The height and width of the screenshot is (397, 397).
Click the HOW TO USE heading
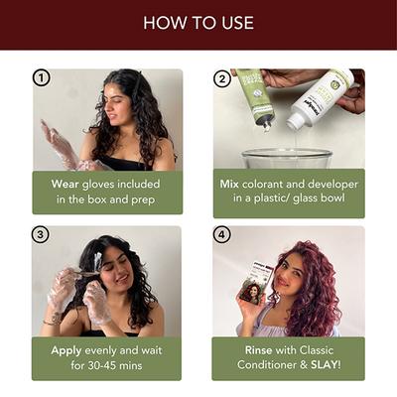click(x=198, y=23)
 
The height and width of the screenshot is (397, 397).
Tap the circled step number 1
click(x=42, y=78)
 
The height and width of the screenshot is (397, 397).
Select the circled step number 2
click(x=222, y=78)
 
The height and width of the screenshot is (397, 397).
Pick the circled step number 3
click(x=41, y=235)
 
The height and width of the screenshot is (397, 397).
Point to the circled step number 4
click(x=221, y=235)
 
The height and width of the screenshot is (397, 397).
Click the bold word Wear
click(x=65, y=184)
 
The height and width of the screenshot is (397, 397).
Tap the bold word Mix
click(x=229, y=184)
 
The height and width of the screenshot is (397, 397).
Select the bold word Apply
click(x=66, y=351)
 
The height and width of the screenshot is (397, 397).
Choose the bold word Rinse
click(x=259, y=350)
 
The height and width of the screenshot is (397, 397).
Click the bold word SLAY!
click(x=326, y=365)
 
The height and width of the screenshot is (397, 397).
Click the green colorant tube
click(x=257, y=97)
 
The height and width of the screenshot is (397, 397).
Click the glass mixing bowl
click(x=287, y=159)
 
